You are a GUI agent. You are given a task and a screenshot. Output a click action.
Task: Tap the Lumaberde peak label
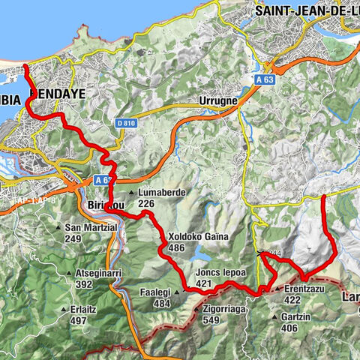(x=161, y=193)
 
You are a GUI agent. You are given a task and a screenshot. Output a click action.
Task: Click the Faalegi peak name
(x=156, y=292)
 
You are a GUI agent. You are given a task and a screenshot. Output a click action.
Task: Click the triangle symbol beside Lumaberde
(x=133, y=193)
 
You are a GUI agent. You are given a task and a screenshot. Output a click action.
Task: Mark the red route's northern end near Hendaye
(x=25, y=67)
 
